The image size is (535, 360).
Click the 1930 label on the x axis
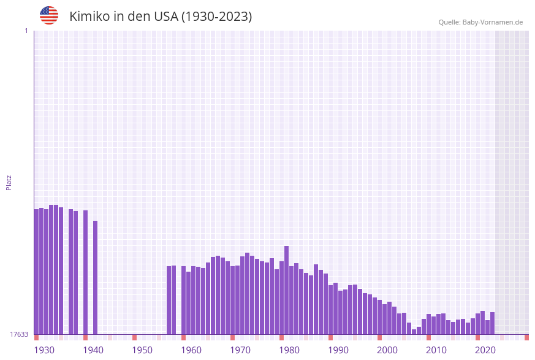click(x=44, y=350)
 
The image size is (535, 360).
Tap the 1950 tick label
click(x=142, y=350)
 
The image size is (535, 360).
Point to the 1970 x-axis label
click(x=240, y=350)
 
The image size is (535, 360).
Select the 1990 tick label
click(x=338, y=350)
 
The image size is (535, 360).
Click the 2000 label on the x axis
click(x=387, y=350)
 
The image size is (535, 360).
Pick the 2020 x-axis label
click(x=485, y=350)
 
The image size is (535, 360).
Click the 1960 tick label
click(x=191, y=350)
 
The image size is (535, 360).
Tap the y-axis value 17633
click(x=19, y=334)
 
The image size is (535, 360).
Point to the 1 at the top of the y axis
click(x=26, y=31)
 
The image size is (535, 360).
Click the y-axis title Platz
click(x=9, y=183)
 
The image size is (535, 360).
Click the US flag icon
click(x=49, y=15)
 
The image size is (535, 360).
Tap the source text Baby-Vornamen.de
click(x=493, y=22)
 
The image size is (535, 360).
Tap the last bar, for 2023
click(x=492, y=323)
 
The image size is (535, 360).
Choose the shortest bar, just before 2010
click(x=414, y=332)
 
